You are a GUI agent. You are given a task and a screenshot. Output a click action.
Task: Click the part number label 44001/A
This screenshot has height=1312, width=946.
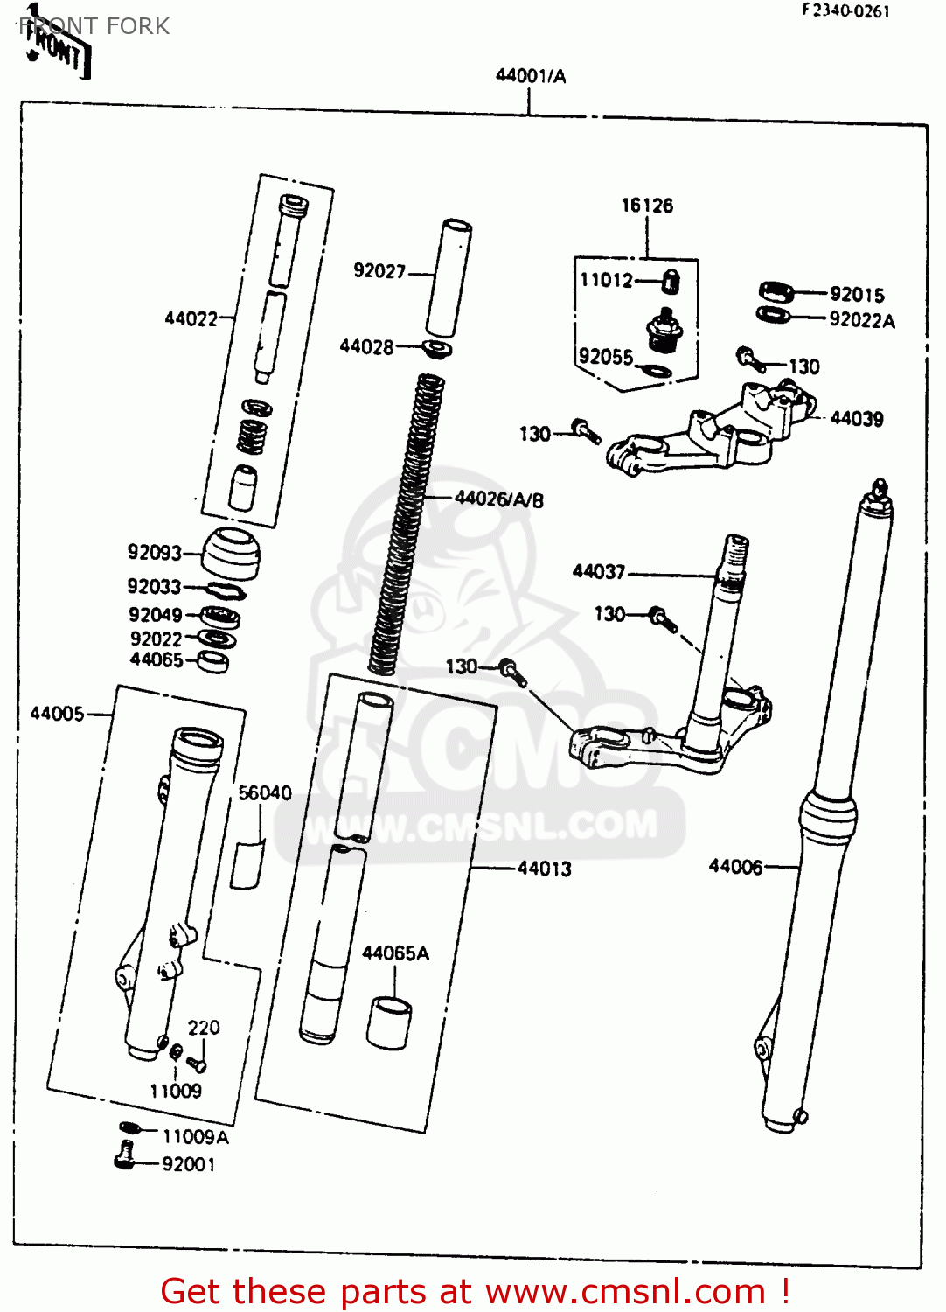click(x=530, y=76)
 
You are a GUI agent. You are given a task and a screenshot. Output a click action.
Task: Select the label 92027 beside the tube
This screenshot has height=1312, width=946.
click(x=379, y=271)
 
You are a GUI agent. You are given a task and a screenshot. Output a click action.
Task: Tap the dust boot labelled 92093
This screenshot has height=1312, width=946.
click(x=232, y=553)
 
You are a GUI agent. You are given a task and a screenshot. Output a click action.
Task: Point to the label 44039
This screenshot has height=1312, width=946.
click(x=857, y=419)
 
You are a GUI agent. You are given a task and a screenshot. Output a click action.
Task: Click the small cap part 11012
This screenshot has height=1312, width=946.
click(x=670, y=282)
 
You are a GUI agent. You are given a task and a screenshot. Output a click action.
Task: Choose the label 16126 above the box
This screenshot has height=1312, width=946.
click(x=647, y=206)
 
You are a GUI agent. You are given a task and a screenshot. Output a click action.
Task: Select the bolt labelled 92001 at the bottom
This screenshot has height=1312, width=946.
click(x=125, y=1156)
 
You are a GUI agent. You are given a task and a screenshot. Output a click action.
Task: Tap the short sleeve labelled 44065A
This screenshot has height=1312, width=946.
click(x=389, y=1022)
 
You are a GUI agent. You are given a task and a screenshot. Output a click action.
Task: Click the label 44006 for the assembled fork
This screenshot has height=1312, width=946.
click(x=735, y=867)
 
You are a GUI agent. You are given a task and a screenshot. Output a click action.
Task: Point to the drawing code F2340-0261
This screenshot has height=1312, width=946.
click(x=845, y=11)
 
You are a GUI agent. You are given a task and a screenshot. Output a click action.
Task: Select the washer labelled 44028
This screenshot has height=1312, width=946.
click(x=437, y=350)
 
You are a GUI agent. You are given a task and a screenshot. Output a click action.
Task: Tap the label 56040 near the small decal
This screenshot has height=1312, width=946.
click(x=265, y=793)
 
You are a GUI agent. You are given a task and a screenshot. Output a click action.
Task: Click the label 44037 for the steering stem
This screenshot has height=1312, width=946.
click(x=599, y=572)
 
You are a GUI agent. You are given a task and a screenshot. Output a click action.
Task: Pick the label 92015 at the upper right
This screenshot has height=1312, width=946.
click(x=857, y=295)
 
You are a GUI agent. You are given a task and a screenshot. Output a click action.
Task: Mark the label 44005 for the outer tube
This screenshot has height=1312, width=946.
click(x=58, y=714)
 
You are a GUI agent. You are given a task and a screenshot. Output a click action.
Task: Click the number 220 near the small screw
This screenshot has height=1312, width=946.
click(x=204, y=1028)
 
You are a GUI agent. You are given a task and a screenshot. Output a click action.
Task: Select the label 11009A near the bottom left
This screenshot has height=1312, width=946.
click(x=195, y=1137)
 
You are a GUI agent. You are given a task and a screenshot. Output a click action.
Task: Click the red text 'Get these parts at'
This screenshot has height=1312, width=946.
click(x=315, y=1291)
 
